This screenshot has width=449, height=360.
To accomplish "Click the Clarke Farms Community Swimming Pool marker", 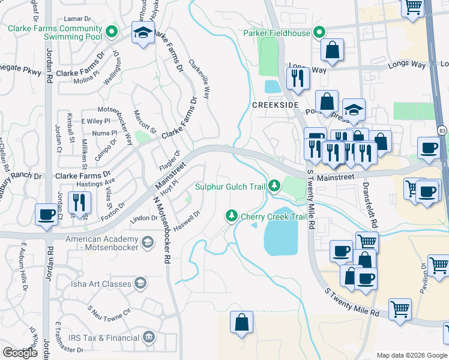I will click(110, 32).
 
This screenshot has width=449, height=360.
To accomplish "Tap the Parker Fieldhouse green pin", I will click(319, 32).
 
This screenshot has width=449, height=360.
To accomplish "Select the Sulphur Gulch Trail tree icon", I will click(274, 186).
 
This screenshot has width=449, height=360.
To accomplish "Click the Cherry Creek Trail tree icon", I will click(231, 215).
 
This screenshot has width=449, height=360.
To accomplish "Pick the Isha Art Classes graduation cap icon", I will click(140, 283).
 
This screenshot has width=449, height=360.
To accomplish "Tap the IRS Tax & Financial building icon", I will click(148, 338).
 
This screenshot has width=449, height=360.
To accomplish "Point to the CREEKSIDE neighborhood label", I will click(275, 104).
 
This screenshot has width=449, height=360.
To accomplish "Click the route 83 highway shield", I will click(442, 130).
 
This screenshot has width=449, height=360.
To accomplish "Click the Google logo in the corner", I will click(20, 353).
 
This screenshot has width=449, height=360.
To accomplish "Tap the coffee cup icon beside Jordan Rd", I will click(46, 214).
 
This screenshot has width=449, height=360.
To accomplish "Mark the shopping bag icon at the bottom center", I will click(241, 322).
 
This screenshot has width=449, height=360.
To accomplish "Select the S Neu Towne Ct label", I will click(109, 313).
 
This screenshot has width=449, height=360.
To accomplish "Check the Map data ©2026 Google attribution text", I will click(412, 355).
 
